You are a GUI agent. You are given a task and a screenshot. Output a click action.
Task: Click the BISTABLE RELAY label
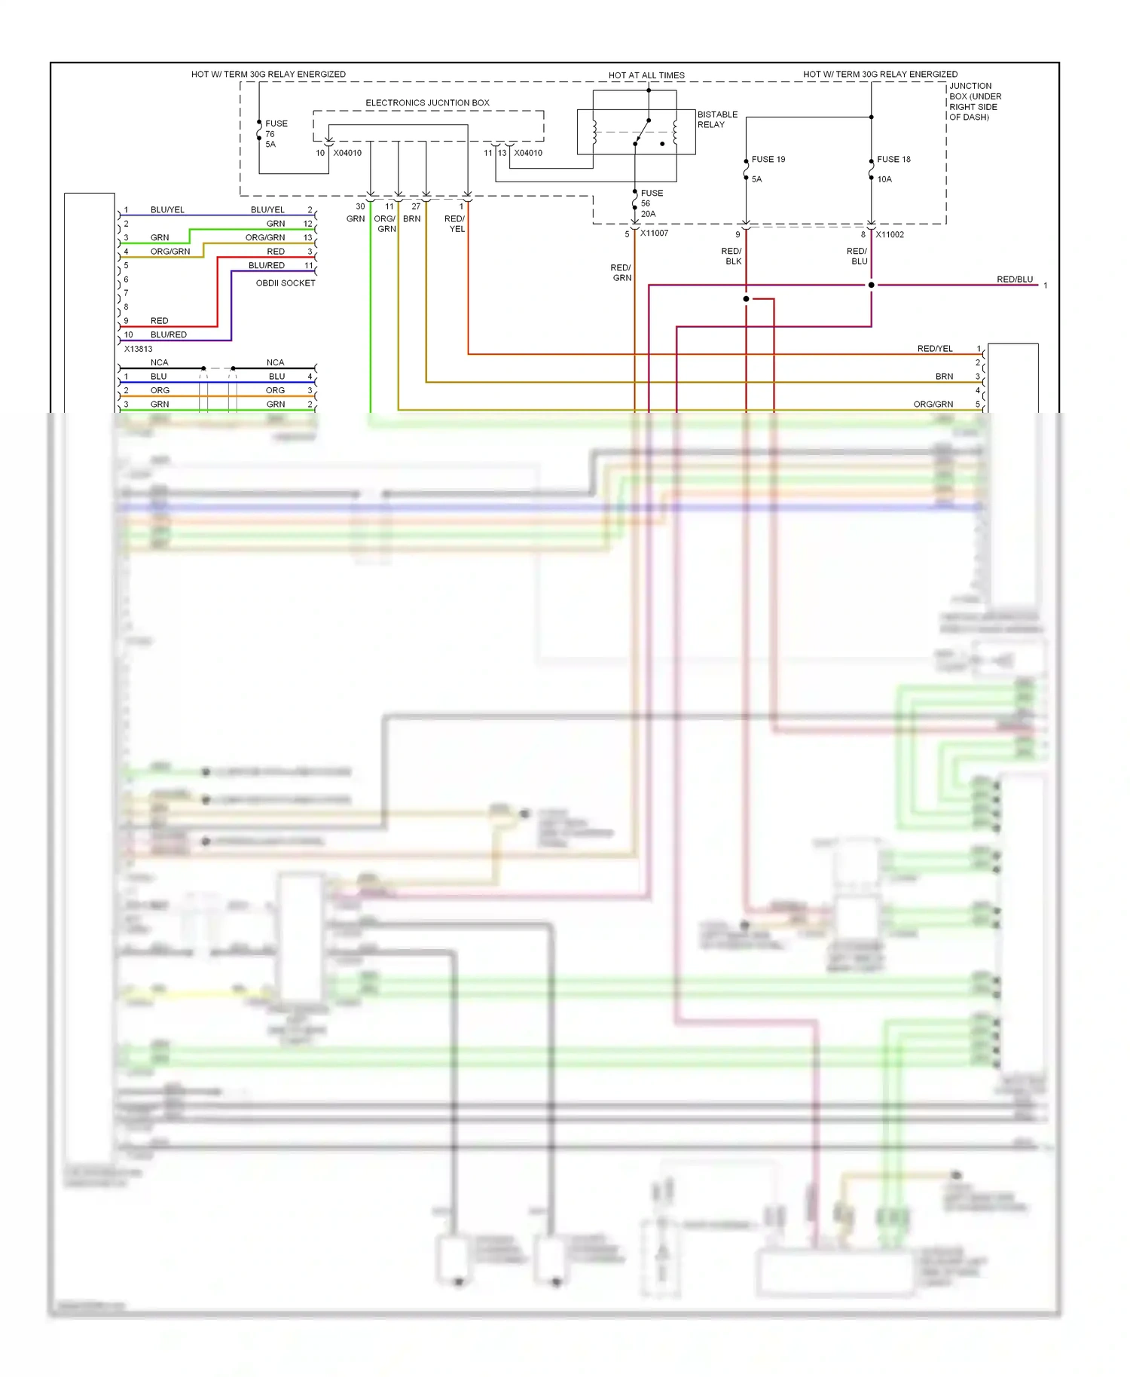(716, 120)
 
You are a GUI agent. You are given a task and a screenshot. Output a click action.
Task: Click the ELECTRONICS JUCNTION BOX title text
(427, 103)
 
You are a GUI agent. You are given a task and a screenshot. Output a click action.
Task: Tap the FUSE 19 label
(768, 160)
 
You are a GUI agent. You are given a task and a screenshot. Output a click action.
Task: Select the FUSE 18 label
(893, 160)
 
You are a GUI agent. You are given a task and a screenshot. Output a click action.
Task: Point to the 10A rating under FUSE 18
(884, 179)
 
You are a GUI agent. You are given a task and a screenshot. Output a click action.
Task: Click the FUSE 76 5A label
(275, 134)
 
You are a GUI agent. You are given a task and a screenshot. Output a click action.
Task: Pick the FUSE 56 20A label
(651, 203)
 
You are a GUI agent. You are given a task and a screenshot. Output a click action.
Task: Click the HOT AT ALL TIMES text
(646, 75)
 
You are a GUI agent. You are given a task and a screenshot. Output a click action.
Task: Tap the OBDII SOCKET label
(286, 283)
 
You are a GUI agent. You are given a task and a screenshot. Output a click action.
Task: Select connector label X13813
(138, 349)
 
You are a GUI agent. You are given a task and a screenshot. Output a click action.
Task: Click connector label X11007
(654, 234)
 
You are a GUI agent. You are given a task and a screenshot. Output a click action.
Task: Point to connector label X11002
(890, 235)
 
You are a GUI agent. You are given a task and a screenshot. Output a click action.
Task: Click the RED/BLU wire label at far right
(1014, 279)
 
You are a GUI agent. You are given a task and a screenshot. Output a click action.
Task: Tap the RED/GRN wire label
(621, 273)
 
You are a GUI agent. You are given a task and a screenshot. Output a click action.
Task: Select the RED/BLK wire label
(731, 256)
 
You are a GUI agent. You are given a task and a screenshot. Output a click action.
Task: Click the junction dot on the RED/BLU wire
(872, 285)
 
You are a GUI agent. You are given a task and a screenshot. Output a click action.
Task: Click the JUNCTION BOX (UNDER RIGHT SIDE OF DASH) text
(975, 102)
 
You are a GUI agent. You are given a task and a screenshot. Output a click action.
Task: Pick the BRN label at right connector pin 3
(944, 377)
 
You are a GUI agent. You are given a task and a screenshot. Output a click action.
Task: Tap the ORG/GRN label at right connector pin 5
(933, 405)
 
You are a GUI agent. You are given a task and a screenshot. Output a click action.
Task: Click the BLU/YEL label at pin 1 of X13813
(167, 210)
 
